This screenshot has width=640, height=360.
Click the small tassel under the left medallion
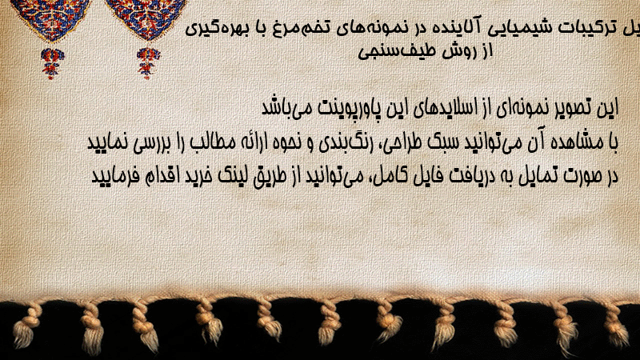(52, 63)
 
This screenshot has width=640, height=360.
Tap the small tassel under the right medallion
(148, 63)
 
